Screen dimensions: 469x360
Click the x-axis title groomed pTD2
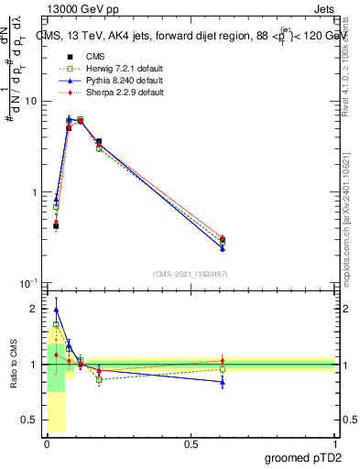pos(304,457)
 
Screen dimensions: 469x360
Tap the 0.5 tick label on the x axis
pos(191,442)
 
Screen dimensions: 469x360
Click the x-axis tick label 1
pos(334,442)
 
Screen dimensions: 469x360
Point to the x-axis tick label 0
pos(47,442)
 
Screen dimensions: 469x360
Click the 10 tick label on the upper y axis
pos(32,102)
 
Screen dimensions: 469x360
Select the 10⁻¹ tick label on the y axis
pos(29,283)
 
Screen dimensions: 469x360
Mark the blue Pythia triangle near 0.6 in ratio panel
pos(223,382)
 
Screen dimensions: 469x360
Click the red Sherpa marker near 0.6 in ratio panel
pos(223,360)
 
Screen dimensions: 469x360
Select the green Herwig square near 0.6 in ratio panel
pos(223,369)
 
